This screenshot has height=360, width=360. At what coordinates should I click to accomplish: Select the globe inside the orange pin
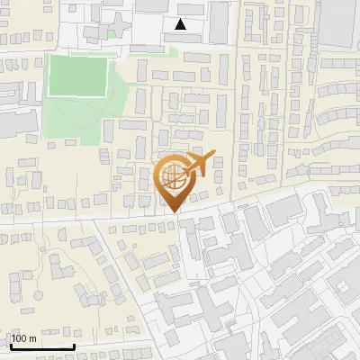(x=172, y=176)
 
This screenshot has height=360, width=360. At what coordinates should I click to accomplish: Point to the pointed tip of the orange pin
(x=172, y=212)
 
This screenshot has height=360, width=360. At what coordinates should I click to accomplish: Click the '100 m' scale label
(x=23, y=338)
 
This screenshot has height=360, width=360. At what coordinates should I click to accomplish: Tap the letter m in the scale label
(x=32, y=338)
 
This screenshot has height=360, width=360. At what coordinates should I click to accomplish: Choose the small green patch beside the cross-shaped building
(x=112, y=34)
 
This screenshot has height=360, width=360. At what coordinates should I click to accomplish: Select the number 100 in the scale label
(x=19, y=338)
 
